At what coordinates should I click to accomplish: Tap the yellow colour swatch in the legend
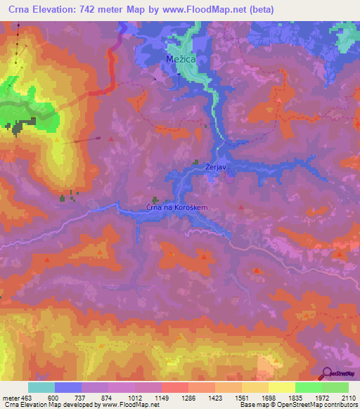pyautogui.click(x=282, y=387)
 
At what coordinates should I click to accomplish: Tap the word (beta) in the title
pyautogui.click(x=259, y=9)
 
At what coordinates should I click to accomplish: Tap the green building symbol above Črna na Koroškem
pyautogui.click(x=155, y=200)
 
